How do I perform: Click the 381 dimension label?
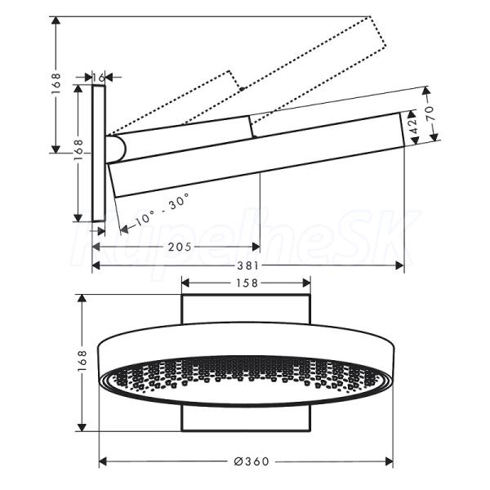(248, 266)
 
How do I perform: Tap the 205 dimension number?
(180, 247)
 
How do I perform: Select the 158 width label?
(247, 283)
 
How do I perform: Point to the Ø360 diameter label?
(252, 461)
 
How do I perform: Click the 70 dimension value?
(430, 114)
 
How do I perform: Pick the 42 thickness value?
(413, 126)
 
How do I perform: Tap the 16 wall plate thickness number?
(99, 78)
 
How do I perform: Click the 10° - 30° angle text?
(163, 209)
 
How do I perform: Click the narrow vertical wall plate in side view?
(99, 154)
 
